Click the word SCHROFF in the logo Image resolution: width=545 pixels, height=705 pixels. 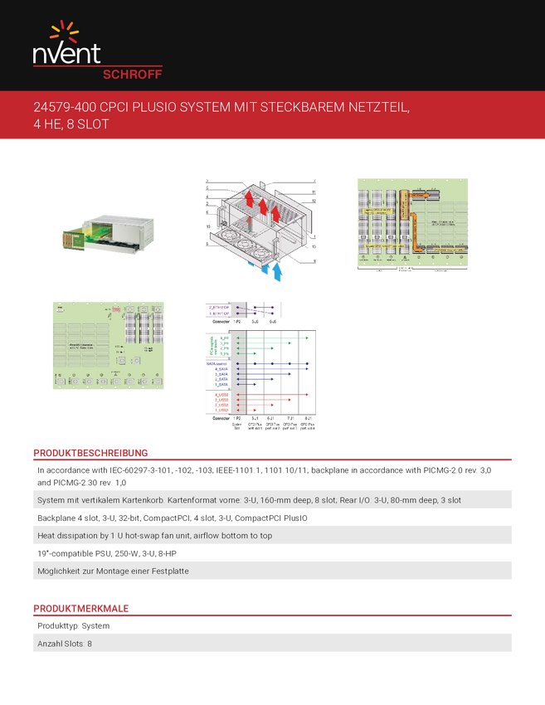(131, 73)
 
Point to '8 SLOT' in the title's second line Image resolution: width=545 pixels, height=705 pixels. (90, 124)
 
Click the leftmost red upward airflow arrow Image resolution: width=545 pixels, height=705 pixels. (247, 200)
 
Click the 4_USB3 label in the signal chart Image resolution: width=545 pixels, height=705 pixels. (221, 395)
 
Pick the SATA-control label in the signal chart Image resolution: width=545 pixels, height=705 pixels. (219, 363)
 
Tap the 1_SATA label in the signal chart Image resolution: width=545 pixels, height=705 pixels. (221, 384)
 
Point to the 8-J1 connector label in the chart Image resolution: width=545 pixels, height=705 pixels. (307, 417)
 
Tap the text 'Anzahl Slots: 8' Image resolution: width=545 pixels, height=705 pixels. (65, 643)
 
